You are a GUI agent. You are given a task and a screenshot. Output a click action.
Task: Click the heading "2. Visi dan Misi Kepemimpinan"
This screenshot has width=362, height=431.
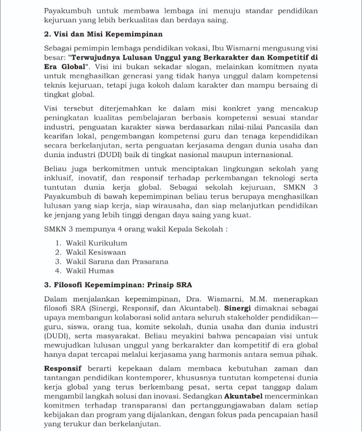[x=103, y=34]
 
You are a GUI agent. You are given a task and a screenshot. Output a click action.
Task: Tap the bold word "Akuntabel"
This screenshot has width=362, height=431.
[x=244, y=396]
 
